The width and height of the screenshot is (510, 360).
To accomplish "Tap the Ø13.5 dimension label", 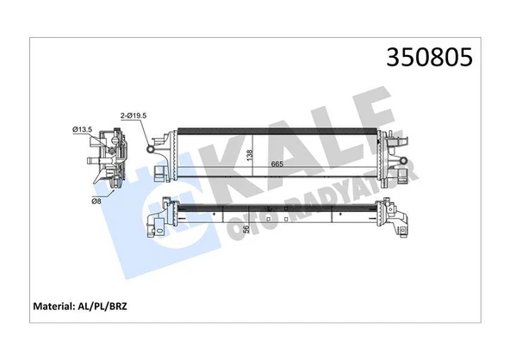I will click(83, 129).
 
